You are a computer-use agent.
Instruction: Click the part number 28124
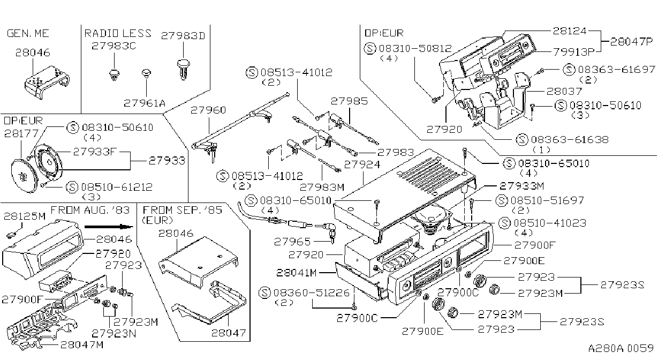coord(570,31)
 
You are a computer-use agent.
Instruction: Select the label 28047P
coord(631,42)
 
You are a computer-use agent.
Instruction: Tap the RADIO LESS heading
coord(118,33)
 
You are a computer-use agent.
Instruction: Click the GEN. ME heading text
coord(28,33)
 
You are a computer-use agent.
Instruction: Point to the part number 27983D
coord(183,35)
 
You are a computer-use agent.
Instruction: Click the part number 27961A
coord(145,103)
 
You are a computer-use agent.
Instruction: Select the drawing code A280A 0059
coord(621,348)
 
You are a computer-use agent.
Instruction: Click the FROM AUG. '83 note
coord(90,210)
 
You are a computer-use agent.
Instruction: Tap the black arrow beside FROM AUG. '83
coord(109,227)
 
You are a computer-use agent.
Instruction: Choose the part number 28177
coord(21,134)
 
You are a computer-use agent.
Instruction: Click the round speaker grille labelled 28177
coord(24,175)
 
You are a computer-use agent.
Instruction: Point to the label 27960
coord(208,110)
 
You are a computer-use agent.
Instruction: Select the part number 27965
coord(292,242)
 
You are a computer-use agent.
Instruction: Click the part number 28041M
coord(297,273)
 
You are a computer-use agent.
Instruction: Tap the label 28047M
coord(82,344)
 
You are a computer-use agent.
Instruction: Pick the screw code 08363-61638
coord(570,139)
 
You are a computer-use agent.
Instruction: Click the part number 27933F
coord(95,152)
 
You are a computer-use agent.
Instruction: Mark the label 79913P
coord(574,52)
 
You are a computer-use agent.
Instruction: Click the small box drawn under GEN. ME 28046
coord(47,82)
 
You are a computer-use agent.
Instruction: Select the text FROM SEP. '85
coord(183,210)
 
